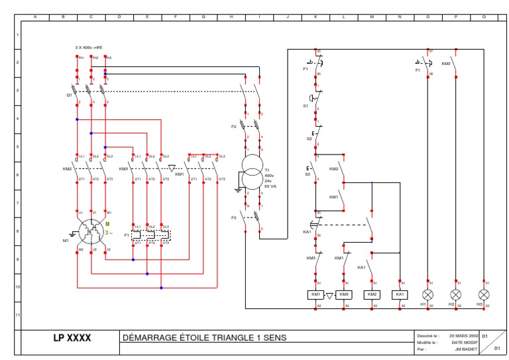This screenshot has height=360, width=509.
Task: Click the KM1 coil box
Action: pyautogui.click(x=315, y=294)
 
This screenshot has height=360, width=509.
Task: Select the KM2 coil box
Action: pyautogui.click(x=372, y=294)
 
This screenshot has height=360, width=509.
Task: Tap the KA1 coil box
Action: pyautogui.click(x=400, y=294)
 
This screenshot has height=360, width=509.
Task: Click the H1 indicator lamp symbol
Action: pyautogui.click(x=429, y=294)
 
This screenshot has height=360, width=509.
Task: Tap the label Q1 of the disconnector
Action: pyautogui.click(x=69, y=95)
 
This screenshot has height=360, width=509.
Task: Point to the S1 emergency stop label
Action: pyautogui.click(x=306, y=105)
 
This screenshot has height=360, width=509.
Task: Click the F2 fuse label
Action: pyautogui.click(x=233, y=126)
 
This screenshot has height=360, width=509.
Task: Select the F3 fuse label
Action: pyautogui.click(x=233, y=217)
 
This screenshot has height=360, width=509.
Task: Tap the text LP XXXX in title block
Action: pyautogui.click(x=72, y=338)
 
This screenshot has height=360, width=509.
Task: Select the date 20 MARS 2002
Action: pyautogui.click(x=464, y=335)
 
